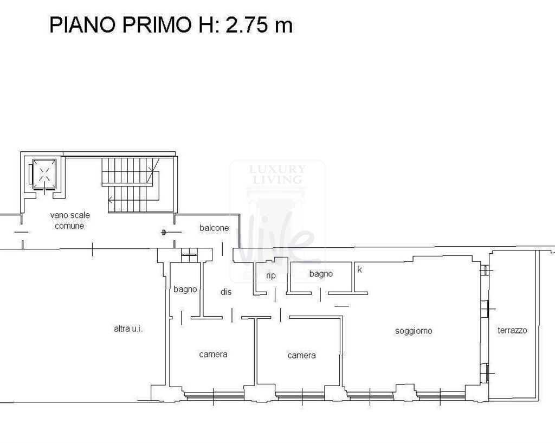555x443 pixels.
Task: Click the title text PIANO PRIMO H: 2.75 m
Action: pos(171,25)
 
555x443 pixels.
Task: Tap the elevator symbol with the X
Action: pos(44,175)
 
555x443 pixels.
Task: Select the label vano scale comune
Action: pos(70,220)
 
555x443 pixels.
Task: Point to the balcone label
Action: pos(214,228)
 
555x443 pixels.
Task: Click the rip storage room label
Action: pos(271,275)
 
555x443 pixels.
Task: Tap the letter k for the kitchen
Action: pos(359,269)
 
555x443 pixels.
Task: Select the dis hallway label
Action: pos(226,292)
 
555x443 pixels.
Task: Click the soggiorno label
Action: pos(414,331)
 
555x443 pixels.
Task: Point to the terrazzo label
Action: pos(512,330)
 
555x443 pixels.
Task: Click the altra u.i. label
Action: pos(128,329)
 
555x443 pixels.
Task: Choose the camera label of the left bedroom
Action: pos(213,354)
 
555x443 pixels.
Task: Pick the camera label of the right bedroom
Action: pos(301,355)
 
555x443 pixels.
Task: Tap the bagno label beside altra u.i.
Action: pos(185,290)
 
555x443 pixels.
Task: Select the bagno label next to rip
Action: pos(321,274)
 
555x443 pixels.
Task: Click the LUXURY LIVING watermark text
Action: pos(277,174)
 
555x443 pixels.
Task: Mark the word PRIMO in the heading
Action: pos(153,25)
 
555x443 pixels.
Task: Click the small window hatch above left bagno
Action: pos(188,253)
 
